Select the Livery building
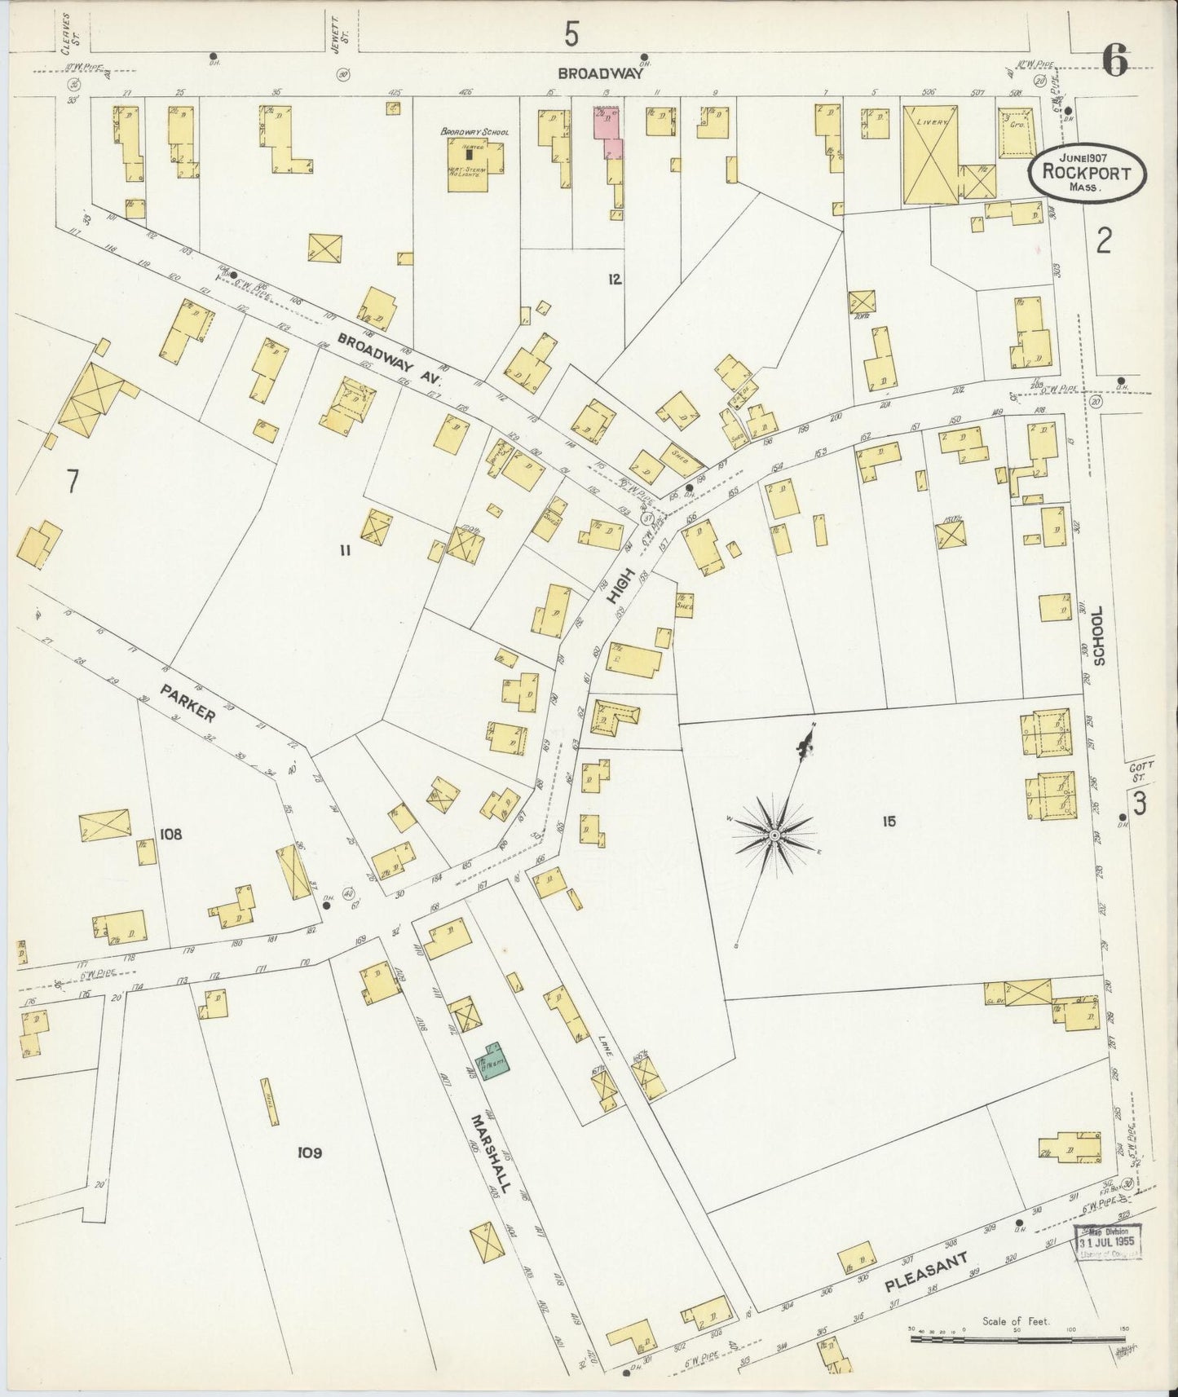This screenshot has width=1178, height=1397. (929, 155)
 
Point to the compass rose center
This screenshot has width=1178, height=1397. (773, 835)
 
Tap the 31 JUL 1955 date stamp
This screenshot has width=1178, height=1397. (1107, 1244)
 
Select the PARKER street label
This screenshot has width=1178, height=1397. (188, 703)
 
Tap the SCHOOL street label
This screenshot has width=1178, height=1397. (1097, 636)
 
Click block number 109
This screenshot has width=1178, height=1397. (309, 1152)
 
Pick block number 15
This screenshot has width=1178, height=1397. (888, 821)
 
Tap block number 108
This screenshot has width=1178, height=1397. (171, 834)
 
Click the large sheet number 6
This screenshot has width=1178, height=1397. (1114, 59)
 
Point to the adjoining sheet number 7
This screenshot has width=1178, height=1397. (72, 483)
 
